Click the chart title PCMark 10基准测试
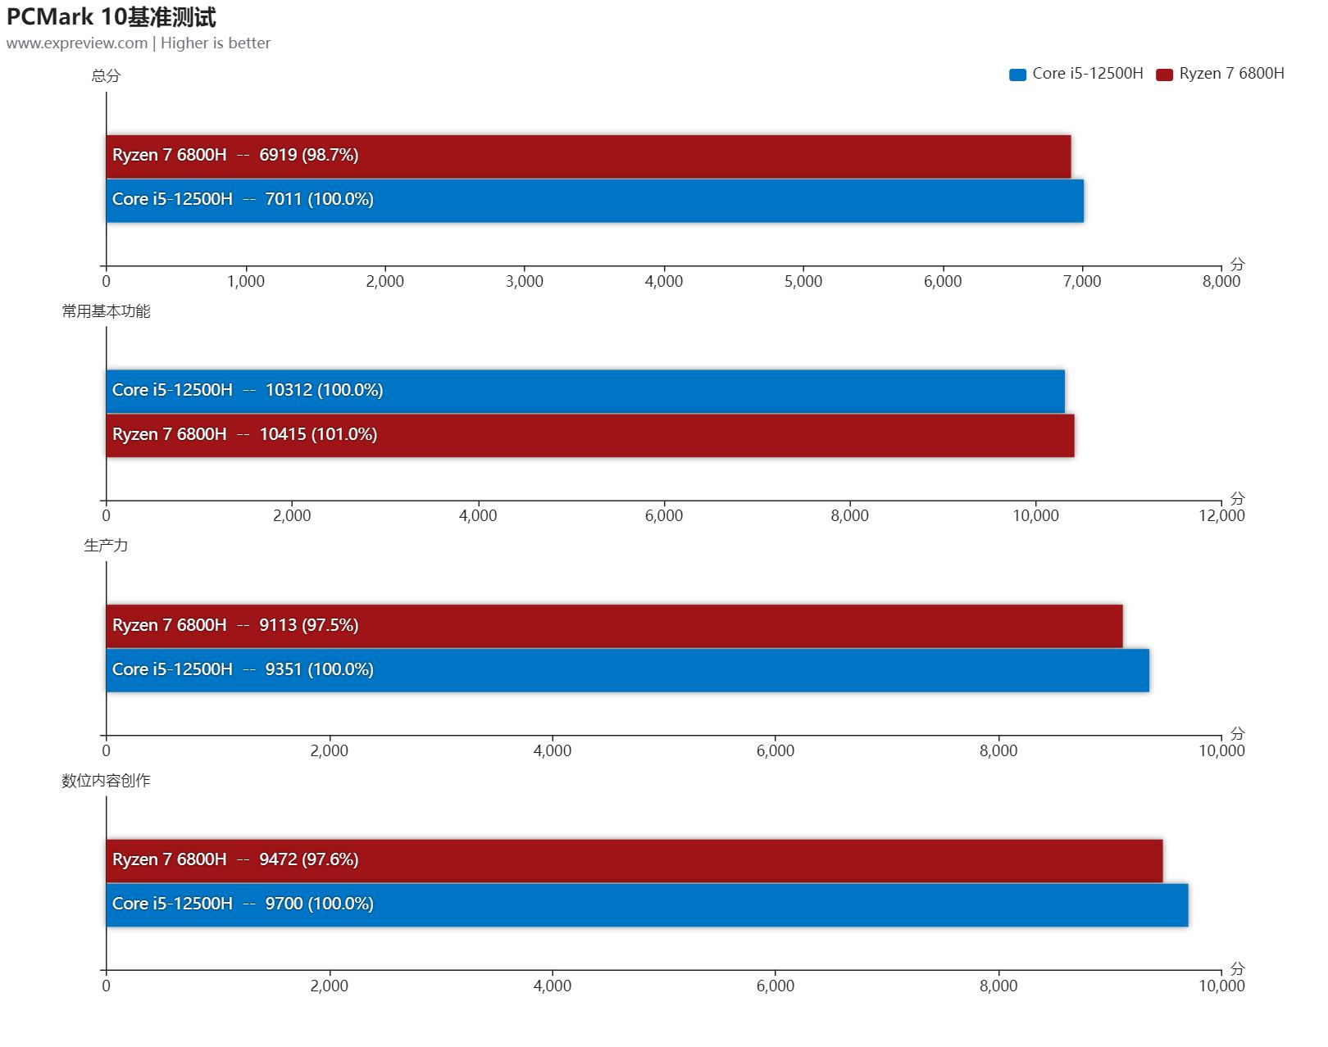111,16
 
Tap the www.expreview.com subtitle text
77,43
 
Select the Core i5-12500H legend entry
1076,74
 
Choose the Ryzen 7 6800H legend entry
1221,74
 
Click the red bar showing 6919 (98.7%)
588,156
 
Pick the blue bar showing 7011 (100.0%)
594,200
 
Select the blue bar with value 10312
584,391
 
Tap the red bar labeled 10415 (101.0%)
589,435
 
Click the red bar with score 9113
614,626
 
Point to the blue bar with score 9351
627,670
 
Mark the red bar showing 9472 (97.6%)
634,860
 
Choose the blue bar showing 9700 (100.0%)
647,904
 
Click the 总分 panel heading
106,76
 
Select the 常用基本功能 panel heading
106,311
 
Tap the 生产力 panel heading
106,546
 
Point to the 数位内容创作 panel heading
106,781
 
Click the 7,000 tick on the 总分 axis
1081,282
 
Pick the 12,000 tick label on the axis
1221,516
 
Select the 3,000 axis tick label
525,282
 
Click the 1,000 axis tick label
246,282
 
